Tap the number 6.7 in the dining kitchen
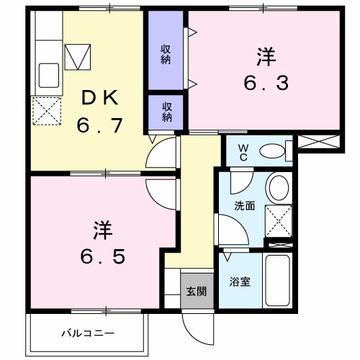click(x=99, y=126)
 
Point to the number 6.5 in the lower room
click(x=102, y=256)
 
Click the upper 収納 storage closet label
click(x=166, y=53)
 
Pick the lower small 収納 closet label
click(x=166, y=112)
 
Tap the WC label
click(x=243, y=152)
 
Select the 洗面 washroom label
click(x=244, y=205)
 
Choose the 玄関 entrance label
click(x=197, y=292)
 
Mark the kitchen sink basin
click(x=48, y=74)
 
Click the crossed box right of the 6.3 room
click(x=317, y=141)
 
